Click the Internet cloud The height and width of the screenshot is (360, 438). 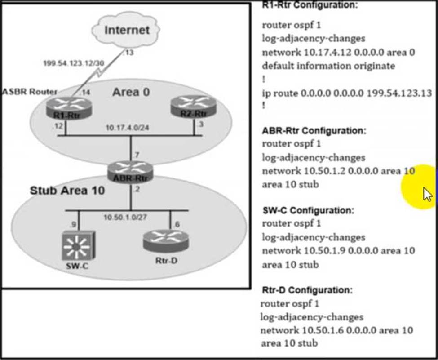coord(126,31)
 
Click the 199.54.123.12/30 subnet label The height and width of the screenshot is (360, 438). coord(73,63)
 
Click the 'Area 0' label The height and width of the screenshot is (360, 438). coord(131,92)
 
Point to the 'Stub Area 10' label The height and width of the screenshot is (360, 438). coord(67,190)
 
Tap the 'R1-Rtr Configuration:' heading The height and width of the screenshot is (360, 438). coord(310,5)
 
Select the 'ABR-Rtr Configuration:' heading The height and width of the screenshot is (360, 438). coord(314,131)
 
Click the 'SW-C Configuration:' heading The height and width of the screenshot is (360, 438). coord(308,210)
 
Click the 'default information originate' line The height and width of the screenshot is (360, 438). coord(328,66)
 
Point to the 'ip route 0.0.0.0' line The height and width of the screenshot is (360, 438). coord(347,93)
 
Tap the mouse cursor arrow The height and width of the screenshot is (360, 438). coord(427,195)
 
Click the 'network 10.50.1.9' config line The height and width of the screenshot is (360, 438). coord(338,250)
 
